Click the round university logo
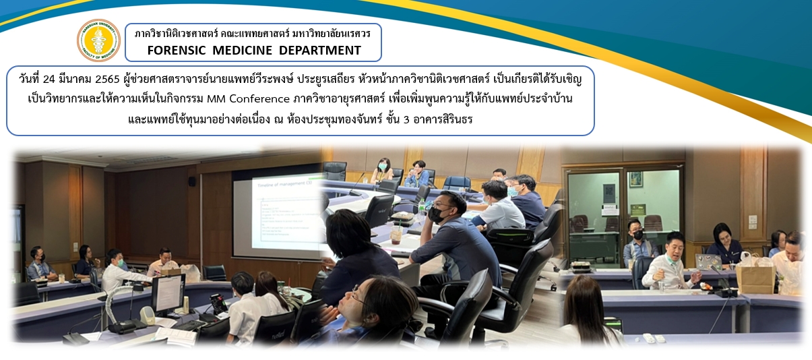[98, 40]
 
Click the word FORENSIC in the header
[177, 51]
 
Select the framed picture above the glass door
[635, 179]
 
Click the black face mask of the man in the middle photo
[437, 215]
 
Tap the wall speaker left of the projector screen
[192, 181]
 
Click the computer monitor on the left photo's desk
[168, 294]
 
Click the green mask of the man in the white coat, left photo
[121, 262]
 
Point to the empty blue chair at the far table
[457, 183]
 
